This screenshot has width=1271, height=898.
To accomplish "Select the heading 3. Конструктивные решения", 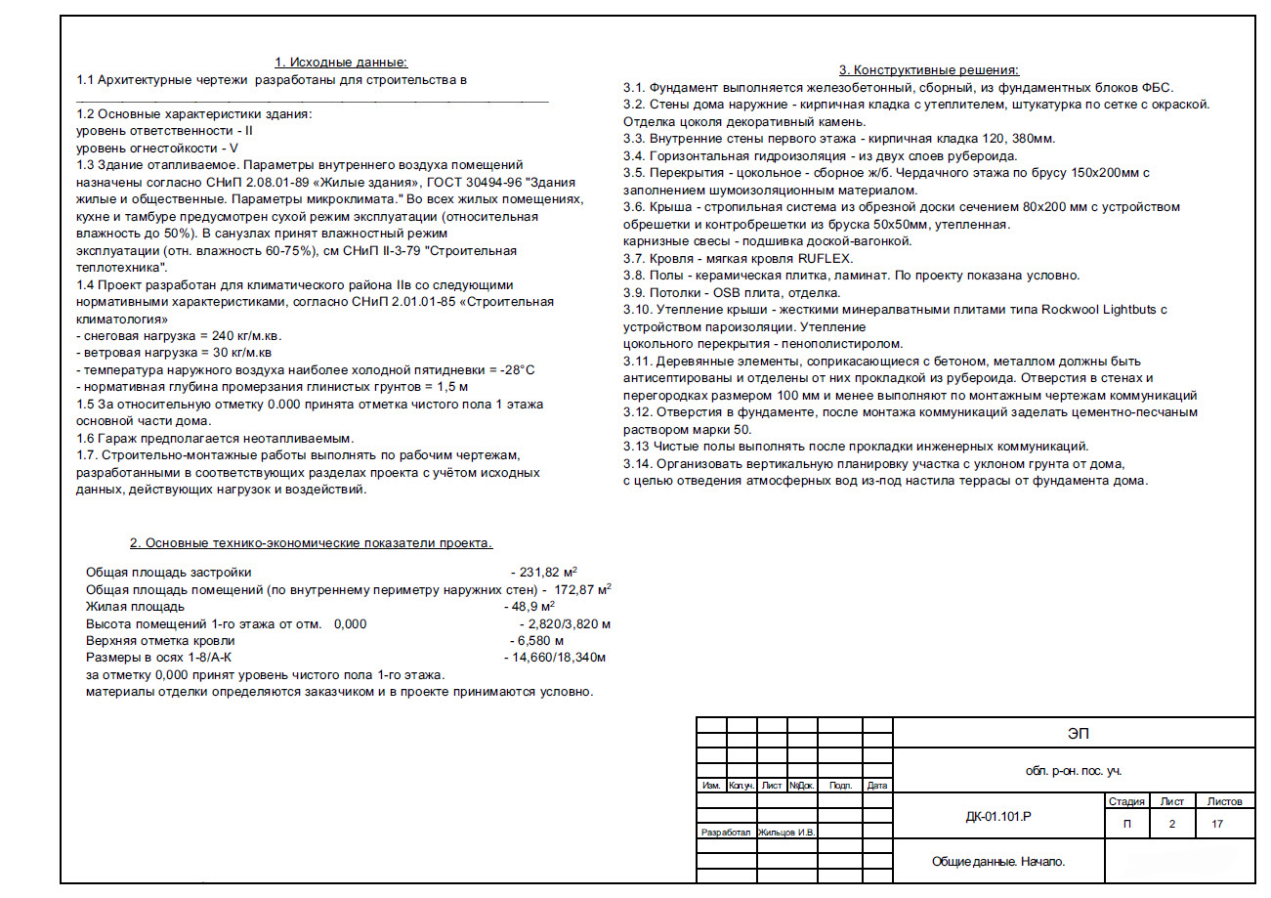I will click(928, 70).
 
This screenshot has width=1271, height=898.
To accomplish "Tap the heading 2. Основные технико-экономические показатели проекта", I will click(311, 542).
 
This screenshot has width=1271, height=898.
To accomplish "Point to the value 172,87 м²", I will click(582, 590).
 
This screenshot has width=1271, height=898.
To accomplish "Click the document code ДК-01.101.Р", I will click(997, 816).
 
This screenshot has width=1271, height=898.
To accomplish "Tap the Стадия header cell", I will click(1127, 801).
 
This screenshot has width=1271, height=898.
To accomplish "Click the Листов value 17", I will click(1216, 824).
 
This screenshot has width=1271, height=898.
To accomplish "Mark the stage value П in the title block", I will click(1127, 824).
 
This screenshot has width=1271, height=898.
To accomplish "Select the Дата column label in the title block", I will click(877, 786).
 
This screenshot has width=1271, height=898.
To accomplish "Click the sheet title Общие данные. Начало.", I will click(998, 862).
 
